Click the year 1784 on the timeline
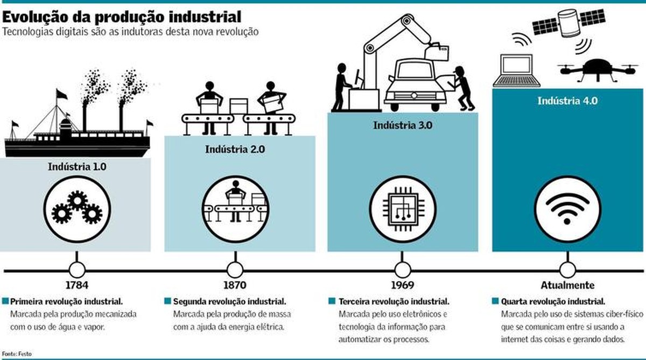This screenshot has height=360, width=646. pyautogui.click(x=76, y=285)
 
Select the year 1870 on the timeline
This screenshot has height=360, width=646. pyautogui.click(x=235, y=285)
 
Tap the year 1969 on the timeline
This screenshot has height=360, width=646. pyautogui.click(x=403, y=285)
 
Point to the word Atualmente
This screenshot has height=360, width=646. pyautogui.click(x=567, y=285)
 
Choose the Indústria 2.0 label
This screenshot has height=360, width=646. pyautogui.click(x=235, y=149)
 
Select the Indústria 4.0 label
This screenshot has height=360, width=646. pyautogui.click(x=567, y=101)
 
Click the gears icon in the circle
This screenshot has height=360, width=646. pyautogui.click(x=77, y=208)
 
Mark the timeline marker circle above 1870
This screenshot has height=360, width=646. pyautogui.click(x=235, y=269)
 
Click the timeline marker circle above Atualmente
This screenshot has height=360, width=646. pyautogui.click(x=567, y=269)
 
